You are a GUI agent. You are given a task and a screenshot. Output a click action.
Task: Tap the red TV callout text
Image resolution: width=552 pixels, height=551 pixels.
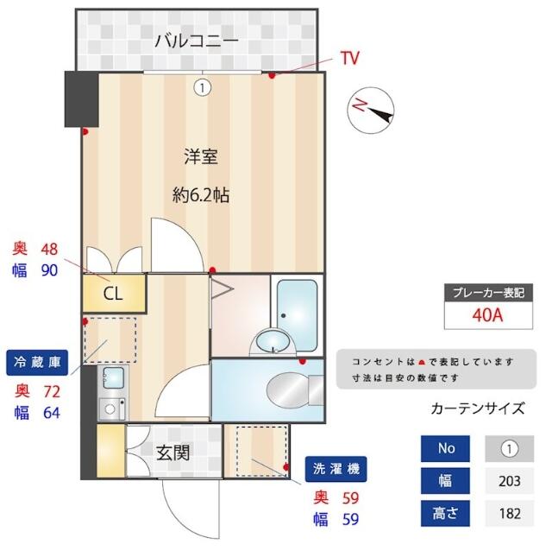pyautogui.click(x=349, y=59)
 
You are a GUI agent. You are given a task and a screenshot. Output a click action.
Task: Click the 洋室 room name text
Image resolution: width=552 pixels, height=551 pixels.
pyautogui.click(x=200, y=157)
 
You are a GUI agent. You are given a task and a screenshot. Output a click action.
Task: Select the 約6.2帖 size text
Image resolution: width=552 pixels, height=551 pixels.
pyautogui.click(x=200, y=195)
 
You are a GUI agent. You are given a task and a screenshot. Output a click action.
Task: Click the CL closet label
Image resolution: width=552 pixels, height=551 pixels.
pyautogui.click(x=113, y=293)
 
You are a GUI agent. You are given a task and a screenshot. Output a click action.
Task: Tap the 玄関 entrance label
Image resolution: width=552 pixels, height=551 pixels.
pyautogui.click(x=174, y=452)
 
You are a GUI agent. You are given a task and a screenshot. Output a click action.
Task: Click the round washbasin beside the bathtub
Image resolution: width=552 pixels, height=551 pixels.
pyautogui.click(x=272, y=341)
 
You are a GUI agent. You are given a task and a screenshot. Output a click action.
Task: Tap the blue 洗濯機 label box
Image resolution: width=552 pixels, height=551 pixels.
pyautogui.click(x=336, y=469)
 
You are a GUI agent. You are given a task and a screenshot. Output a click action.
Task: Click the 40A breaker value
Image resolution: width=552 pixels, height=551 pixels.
pyautogui.click(x=487, y=314)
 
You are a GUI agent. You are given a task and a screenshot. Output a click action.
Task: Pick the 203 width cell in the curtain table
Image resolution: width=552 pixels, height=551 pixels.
pyautogui.click(x=510, y=481)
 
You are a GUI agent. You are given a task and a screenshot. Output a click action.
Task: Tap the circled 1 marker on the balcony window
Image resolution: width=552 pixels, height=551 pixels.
pyautogui.click(x=202, y=87)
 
